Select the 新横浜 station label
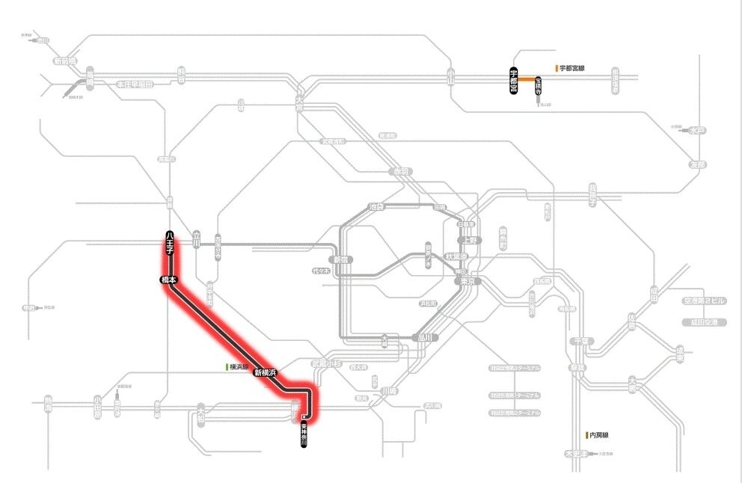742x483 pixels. pyautogui.click(x=266, y=372)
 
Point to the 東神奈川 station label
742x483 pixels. pyautogui.click(x=304, y=434)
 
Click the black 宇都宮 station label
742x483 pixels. pyautogui.click(x=514, y=79)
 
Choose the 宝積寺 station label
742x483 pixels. pyautogui.click(x=538, y=88)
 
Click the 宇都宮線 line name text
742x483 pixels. pyautogui.click(x=571, y=68)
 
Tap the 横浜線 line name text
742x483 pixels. pyautogui.click(x=239, y=367)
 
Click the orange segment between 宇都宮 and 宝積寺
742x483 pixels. pyautogui.click(x=526, y=79)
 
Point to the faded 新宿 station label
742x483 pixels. pyautogui.click(x=343, y=259)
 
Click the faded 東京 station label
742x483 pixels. pyautogui.click(x=465, y=281)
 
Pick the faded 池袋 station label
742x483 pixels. pyautogui.click(x=375, y=206)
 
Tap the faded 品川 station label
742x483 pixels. pyautogui.click(x=423, y=336)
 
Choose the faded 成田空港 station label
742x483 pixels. pyautogui.click(x=704, y=322)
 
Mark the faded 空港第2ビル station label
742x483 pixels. pyautogui.click(x=704, y=301)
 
